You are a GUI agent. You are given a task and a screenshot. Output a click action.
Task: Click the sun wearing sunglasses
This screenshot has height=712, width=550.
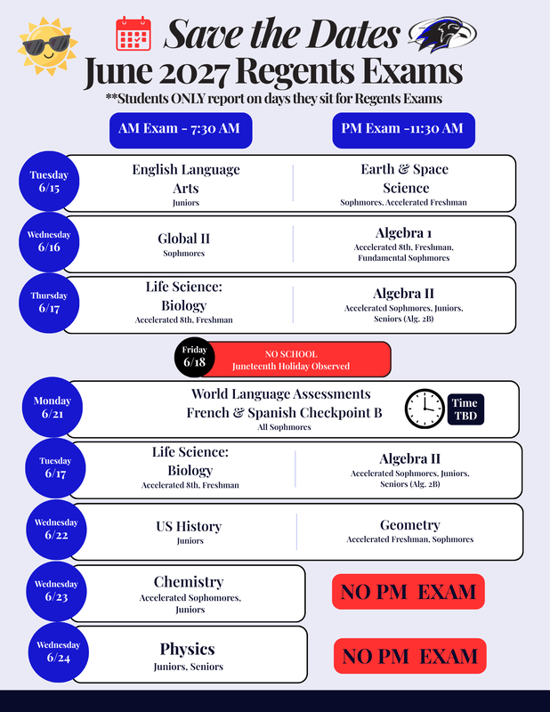(x=47, y=46)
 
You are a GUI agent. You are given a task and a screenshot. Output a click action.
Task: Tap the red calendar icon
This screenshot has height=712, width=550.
(x=133, y=33)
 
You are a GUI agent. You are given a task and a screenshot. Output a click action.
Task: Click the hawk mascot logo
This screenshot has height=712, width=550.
(x=442, y=34)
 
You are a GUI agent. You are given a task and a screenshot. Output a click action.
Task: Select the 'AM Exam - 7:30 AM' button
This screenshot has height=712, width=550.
(x=181, y=130)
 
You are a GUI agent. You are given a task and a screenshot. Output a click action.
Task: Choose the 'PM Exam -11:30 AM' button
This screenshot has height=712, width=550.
(x=403, y=130)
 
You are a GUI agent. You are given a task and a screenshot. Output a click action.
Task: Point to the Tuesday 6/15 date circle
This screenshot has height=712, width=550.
(x=49, y=182)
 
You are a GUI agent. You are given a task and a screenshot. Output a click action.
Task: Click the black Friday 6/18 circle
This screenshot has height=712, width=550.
(x=194, y=358)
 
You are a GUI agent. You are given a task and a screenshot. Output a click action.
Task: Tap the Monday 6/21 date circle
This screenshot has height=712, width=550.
(x=53, y=407)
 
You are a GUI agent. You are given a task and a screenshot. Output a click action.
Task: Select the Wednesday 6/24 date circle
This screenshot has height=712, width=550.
(x=58, y=652)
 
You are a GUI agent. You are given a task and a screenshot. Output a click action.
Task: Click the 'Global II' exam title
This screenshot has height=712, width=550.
(x=183, y=239)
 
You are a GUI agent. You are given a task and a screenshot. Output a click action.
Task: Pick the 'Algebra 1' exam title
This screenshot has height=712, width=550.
(x=403, y=233)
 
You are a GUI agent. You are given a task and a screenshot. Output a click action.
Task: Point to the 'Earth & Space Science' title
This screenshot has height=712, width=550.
(x=405, y=179)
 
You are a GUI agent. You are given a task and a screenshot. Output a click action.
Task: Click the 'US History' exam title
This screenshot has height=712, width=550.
(x=189, y=526)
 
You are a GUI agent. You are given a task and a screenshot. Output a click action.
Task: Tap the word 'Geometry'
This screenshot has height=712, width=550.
(x=410, y=525)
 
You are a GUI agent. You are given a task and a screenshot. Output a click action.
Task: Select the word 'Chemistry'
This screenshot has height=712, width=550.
(x=189, y=582)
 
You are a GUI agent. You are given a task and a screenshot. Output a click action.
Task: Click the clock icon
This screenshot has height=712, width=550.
(x=425, y=409)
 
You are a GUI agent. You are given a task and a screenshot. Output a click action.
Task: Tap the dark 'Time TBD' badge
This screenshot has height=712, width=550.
(x=465, y=409)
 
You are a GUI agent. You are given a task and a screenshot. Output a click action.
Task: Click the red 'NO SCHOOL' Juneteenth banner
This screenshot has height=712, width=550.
(x=295, y=360)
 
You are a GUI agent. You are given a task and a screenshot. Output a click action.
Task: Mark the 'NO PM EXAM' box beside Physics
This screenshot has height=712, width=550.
(x=410, y=656)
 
